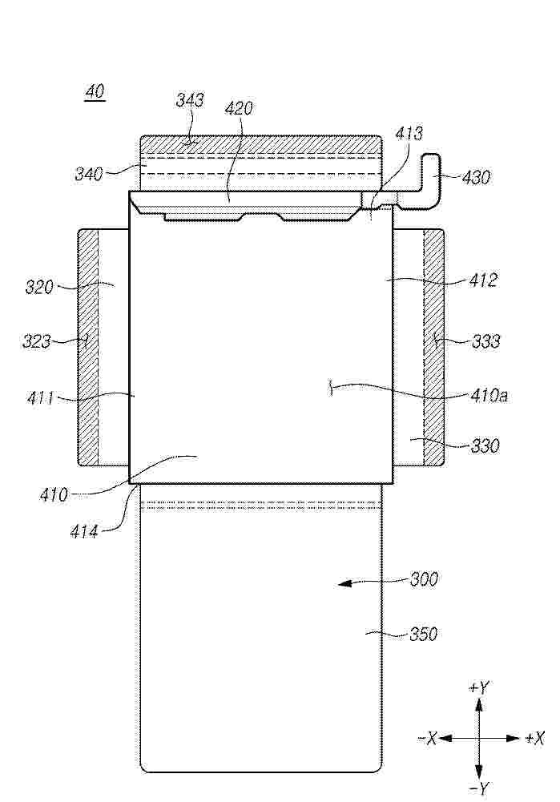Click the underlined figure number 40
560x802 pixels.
pos(95,92)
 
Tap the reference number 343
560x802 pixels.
pos(190,99)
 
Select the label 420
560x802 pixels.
pos(239,108)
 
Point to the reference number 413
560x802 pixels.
pos(409,134)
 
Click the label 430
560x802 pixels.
pos(476,178)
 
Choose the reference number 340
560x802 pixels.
pos(89,174)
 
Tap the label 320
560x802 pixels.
pos(39,287)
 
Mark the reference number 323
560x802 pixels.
pos(36,341)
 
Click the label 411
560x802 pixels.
pos(40,397)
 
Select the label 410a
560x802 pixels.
pos(489,395)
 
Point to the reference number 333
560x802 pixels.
pos(485,341)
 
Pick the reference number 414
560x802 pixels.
pos(84,532)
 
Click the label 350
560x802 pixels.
pos(424,635)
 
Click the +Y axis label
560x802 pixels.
pos(479,688)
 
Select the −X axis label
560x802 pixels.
pos(427,738)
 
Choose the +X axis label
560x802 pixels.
pos(535,738)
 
